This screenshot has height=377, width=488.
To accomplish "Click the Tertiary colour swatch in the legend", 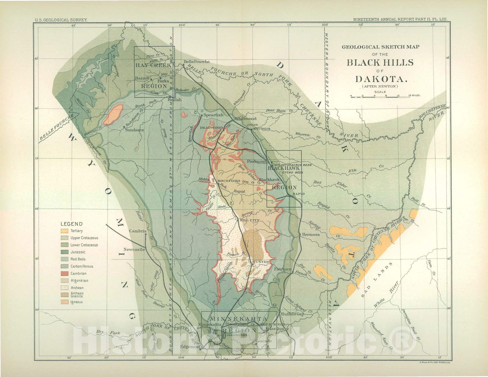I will tap(64, 231).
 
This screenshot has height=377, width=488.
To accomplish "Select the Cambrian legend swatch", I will tap(64, 273).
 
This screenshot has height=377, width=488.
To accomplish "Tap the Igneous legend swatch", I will tap(64, 302).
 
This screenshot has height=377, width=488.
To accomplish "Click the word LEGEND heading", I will tap(71, 224).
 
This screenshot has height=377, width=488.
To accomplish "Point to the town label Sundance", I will tap(135, 130).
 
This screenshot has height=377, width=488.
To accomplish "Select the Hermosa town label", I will tap(310, 234).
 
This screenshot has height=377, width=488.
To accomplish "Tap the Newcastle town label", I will tap(134, 249).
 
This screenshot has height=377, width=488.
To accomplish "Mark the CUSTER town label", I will tap(261, 262).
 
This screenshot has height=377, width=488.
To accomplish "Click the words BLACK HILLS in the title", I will tap(380, 63).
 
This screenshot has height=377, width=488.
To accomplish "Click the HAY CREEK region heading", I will tap(154, 65).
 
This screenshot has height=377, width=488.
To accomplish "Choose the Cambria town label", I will tap(138, 231).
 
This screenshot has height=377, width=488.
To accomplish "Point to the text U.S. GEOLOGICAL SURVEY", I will tap(61, 19).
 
